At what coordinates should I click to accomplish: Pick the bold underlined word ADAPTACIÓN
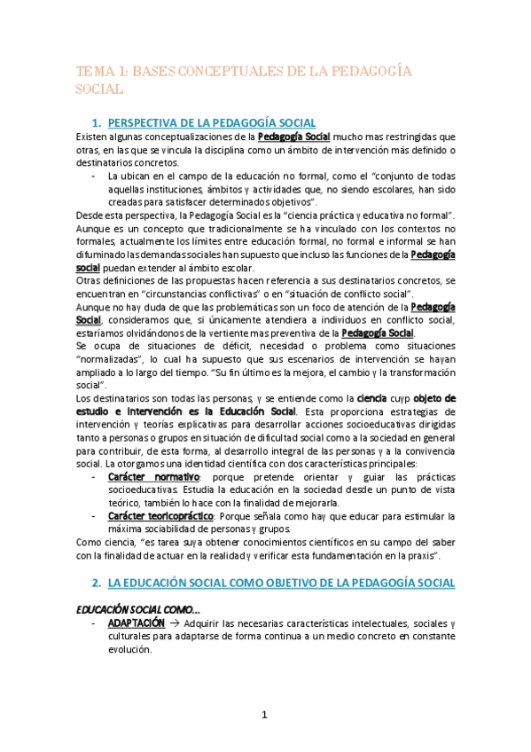136,623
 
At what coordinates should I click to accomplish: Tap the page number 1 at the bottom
264,715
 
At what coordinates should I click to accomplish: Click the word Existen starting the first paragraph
93,137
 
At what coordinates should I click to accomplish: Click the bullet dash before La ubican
94,176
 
